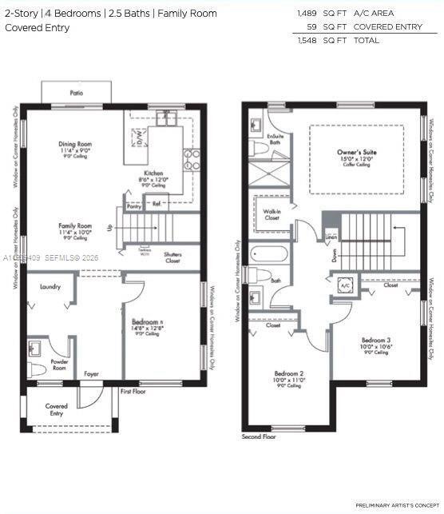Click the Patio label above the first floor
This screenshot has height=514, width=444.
(x=76, y=94)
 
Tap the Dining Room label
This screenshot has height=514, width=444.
(x=76, y=145)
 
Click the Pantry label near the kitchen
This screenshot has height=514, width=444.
(x=134, y=206)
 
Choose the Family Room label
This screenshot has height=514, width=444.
(x=74, y=226)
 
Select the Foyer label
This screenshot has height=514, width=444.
(x=92, y=373)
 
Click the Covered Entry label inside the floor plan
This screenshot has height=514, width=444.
(x=56, y=409)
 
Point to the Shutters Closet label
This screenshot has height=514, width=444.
(x=172, y=257)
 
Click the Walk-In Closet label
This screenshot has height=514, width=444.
(x=272, y=214)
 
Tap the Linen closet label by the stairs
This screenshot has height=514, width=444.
(x=331, y=237)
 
